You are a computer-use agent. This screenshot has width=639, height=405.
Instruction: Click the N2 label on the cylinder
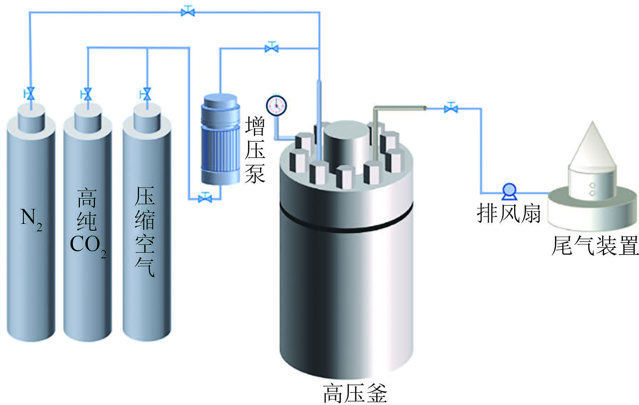pos(31,218)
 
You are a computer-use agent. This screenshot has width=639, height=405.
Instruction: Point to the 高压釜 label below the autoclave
pos(355,393)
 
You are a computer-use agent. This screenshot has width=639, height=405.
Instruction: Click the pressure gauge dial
pos(277,105)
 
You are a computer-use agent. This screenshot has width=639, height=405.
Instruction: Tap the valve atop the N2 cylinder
pos(30,93)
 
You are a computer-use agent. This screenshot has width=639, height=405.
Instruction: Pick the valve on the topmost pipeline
pos(188,12)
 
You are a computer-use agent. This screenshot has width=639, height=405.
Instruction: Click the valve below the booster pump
pos(205,197)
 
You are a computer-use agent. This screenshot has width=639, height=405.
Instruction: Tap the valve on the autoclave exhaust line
pos(451,108)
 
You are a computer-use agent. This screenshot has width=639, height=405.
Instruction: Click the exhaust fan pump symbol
pos(509,191)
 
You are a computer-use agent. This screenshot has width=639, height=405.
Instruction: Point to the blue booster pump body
pos(220,139)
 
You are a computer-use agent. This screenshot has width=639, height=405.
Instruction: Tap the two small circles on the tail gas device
pos(592,189)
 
